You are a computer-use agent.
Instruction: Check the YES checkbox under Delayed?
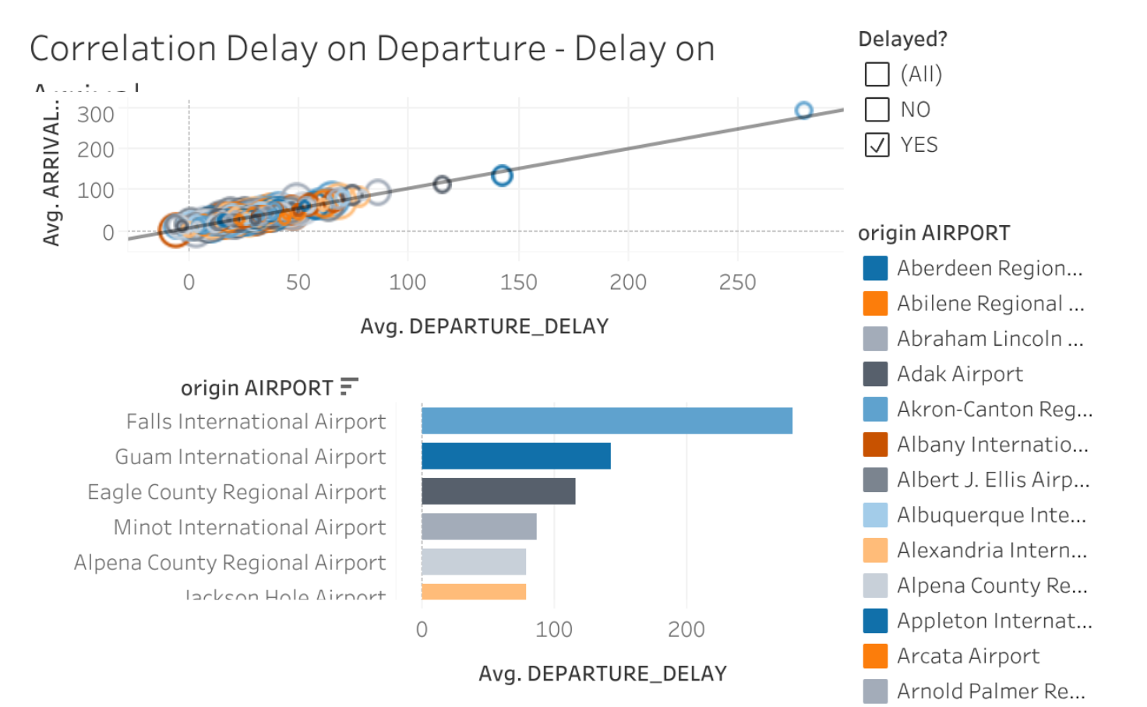click(877, 145)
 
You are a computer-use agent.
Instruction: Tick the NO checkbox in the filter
click(877, 110)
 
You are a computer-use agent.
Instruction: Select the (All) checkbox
click(877, 74)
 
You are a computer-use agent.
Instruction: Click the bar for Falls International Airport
click(606, 421)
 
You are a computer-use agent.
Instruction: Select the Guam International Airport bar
click(516, 456)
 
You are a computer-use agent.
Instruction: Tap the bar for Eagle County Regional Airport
click(498, 491)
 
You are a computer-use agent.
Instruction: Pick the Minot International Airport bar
click(478, 527)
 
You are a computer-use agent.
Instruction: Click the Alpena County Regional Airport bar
click(474, 562)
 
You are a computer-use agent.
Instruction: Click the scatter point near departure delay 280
click(803, 111)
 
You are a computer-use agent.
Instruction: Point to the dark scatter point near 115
click(442, 185)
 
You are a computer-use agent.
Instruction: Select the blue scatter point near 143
click(502, 175)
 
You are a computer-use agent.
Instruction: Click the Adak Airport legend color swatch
click(875, 374)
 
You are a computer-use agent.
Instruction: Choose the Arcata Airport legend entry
click(968, 656)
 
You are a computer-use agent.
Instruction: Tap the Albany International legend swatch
click(875, 445)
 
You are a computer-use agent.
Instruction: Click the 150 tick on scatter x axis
click(518, 282)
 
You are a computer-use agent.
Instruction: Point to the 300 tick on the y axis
click(96, 115)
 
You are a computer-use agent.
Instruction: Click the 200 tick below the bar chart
click(686, 629)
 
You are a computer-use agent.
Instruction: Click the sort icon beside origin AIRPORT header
click(349, 386)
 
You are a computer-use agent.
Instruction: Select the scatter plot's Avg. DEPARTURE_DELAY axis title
click(484, 326)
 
